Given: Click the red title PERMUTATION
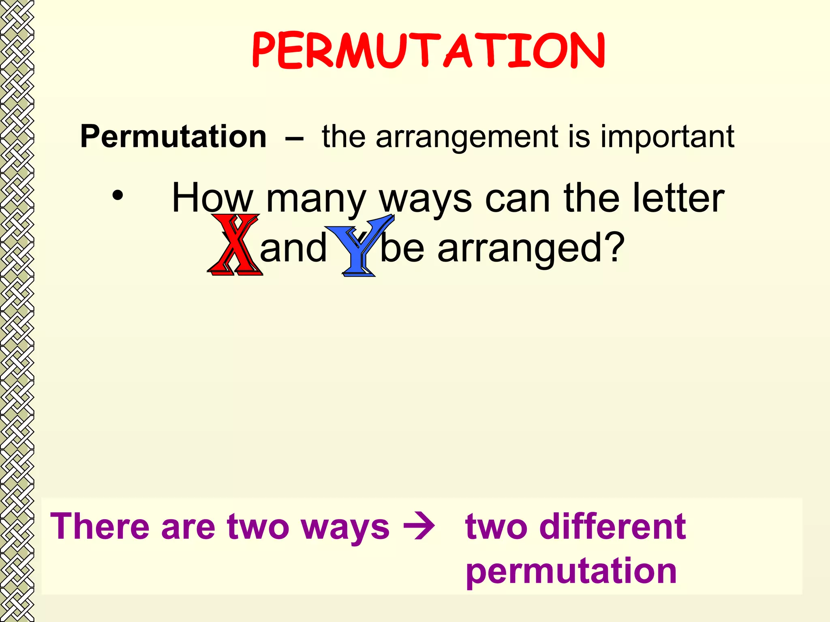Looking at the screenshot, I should coord(428,50).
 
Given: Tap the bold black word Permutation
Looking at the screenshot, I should coord(173,136).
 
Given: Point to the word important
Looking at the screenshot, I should coord(667,136).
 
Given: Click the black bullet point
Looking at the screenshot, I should coord(118,196).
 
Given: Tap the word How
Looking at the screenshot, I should coord(212,198).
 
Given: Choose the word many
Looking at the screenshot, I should coord(316,200).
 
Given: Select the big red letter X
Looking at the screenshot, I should coord(235,245).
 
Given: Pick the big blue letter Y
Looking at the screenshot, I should coord(359,245).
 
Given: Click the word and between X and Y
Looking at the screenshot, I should coord(293,247).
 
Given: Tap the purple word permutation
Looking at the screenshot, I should coord(571,571).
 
